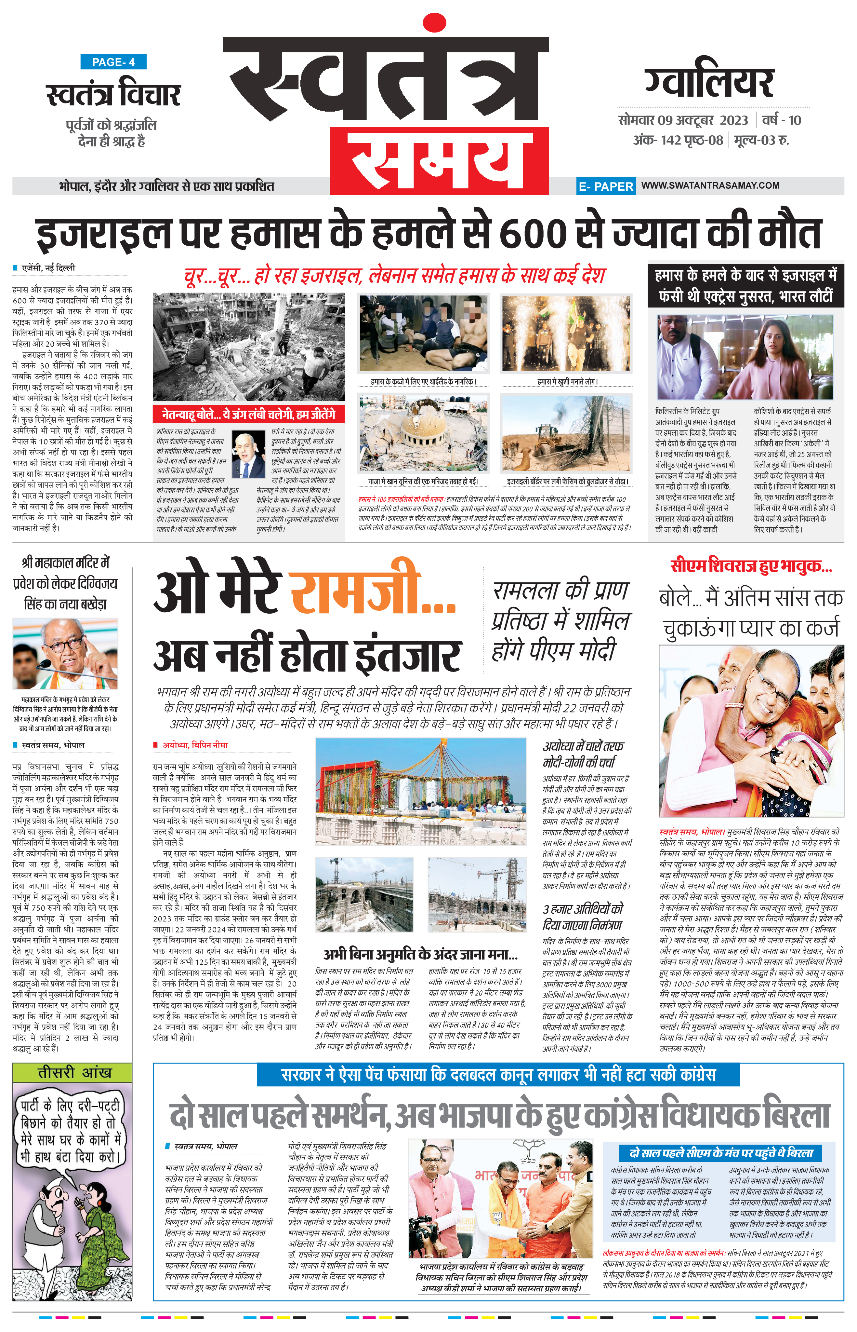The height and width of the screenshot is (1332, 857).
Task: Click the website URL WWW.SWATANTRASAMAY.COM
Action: coord(710,185)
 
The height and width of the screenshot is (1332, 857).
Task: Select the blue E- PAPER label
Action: coord(605,186)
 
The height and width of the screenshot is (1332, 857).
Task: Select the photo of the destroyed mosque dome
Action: coord(424,433)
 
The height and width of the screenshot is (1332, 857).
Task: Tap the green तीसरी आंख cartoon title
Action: coord(73,1072)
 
